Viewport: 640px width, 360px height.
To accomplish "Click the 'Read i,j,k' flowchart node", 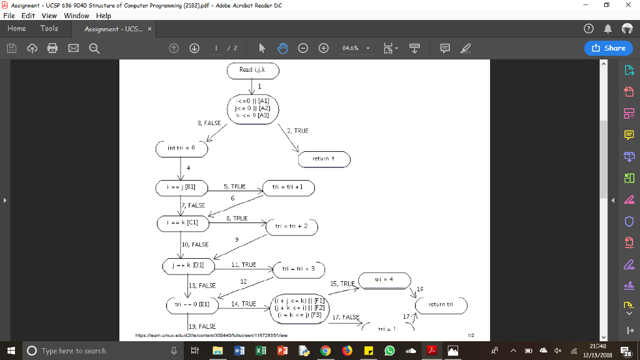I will pos(252,70).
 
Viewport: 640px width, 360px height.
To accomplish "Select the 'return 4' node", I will pos(324,159).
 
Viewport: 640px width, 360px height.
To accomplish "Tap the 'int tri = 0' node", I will pos(181,149).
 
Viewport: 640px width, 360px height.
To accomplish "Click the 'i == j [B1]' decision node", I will pos(181,186).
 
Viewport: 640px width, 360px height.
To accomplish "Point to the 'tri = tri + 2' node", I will pos(292,226).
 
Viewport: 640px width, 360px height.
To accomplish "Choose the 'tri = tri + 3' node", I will pos(299,268).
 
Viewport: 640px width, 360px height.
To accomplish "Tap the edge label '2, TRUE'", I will pos(297,131).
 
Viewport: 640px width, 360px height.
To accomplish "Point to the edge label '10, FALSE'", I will pos(195,244).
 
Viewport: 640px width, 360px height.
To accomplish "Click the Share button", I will pos(609,48).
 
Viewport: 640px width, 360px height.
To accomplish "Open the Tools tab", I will pos(49,29).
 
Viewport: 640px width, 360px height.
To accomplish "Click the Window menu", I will pos(77,16).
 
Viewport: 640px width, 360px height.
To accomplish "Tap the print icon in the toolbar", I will pos(52,48).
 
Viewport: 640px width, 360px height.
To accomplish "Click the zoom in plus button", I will pos(323,48).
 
